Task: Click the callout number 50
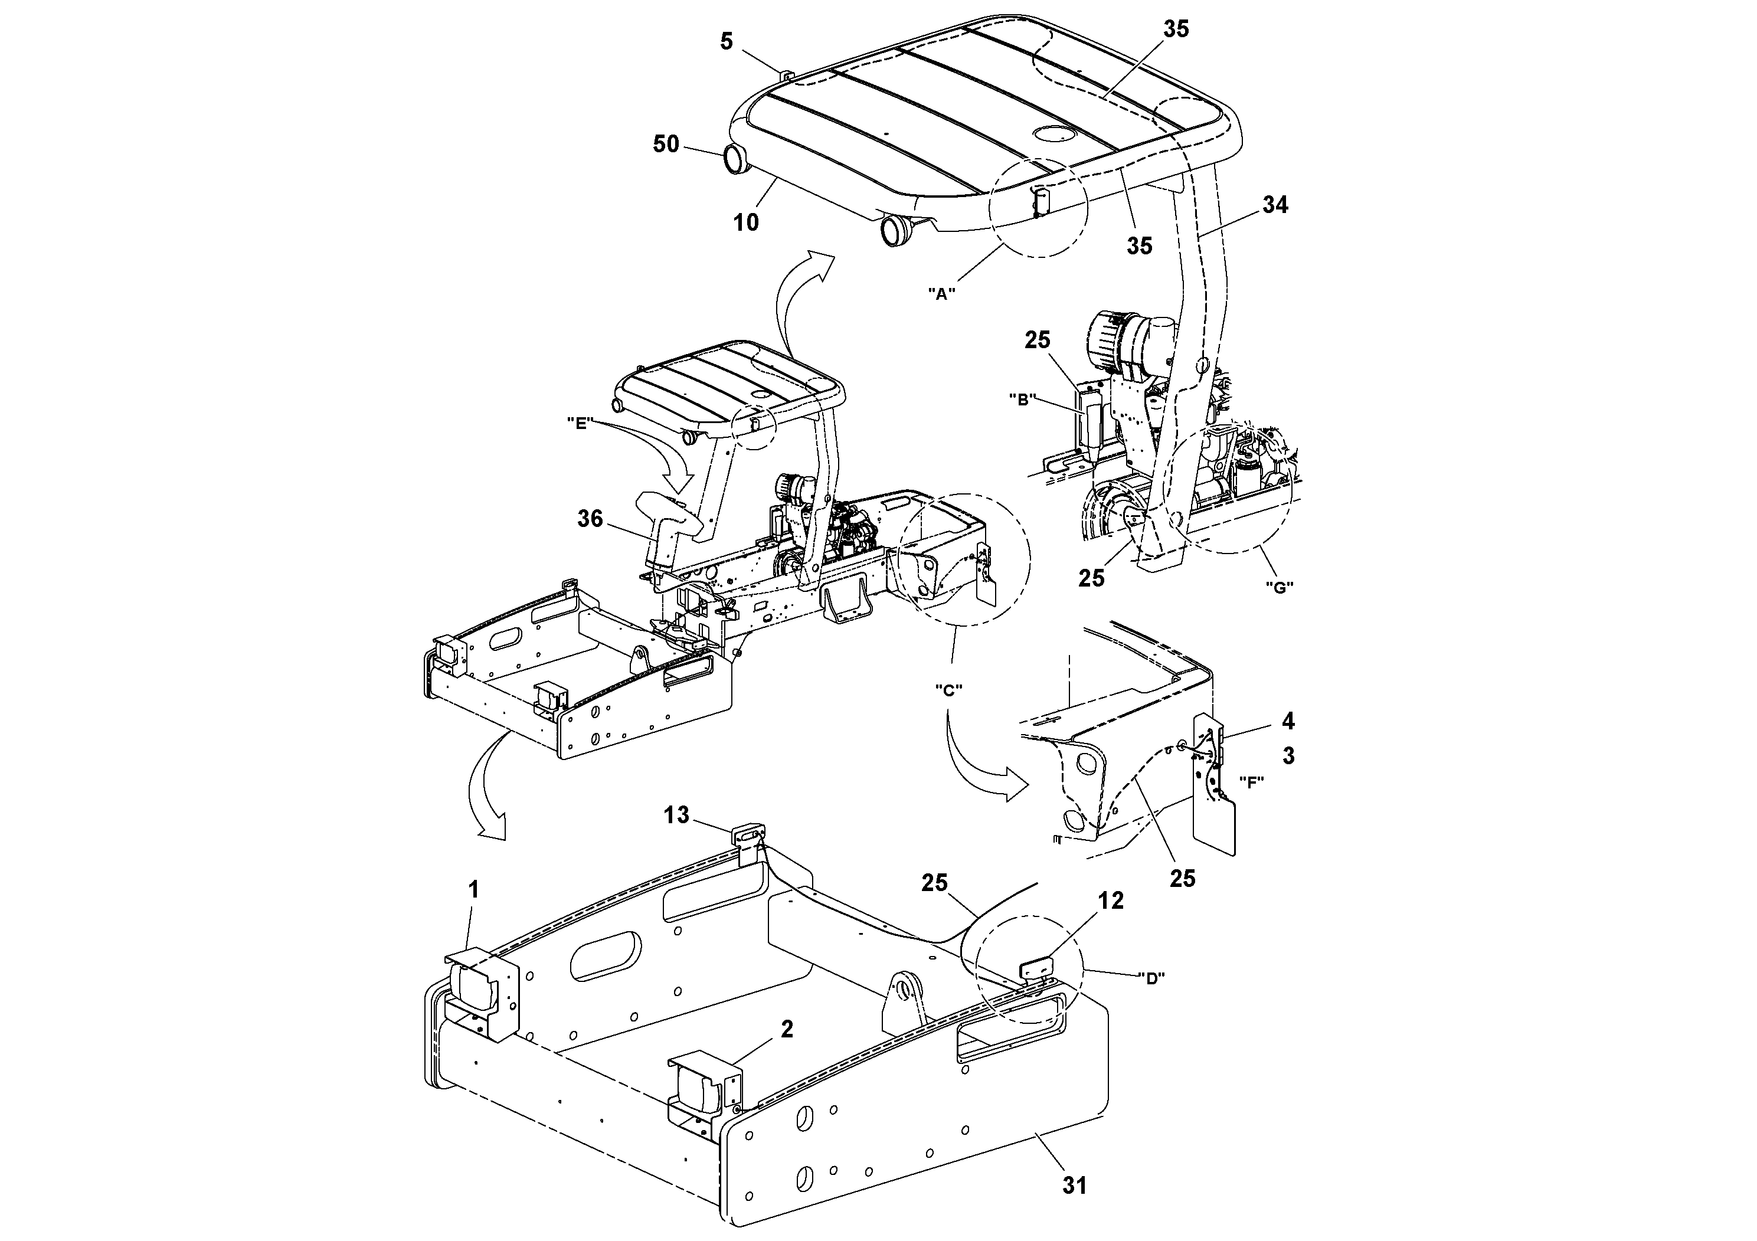tap(666, 144)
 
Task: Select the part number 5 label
tap(726, 41)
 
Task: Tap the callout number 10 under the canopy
tap(746, 222)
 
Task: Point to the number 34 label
tap(1275, 205)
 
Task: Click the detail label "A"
tap(942, 293)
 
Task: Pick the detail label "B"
tap(1022, 400)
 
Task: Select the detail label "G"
tap(1279, 588)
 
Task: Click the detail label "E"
tap(581, 423)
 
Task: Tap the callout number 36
tap(590, 519)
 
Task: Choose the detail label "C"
tap(948, 689)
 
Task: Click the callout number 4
tap(1288, 721)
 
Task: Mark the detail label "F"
tap(1251, 782)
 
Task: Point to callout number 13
tap(676, 815)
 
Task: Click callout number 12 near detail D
tap(1111, 901)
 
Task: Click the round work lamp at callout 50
tap(734, 160)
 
